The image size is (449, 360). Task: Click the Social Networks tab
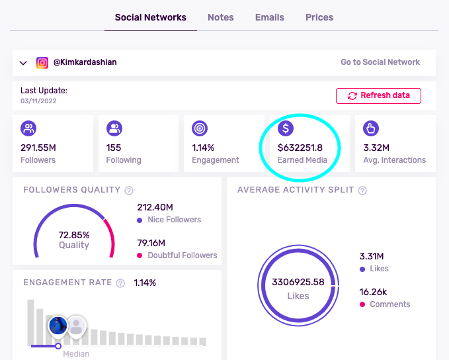(x=150, y=17)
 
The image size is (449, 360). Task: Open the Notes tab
(x=220, y=17)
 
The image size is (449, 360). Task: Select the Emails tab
(x=270, y=17)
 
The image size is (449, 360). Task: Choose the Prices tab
(x=319, y=17)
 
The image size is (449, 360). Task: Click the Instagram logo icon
(x=42, y=63)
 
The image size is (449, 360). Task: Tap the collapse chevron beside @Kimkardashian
(x=23, y=63)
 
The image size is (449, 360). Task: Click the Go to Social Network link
(x=380, y=62)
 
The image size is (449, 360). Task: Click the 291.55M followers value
(x=39, y=148)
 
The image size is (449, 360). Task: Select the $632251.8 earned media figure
(x=300, y=148)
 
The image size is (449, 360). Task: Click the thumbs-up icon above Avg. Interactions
(x=371, y=128)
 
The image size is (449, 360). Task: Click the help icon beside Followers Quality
(x=129, y=191)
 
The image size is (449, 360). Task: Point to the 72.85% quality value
(x=74, y=234)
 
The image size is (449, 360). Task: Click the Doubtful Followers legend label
(x=181, y=255)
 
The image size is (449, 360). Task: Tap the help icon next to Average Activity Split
(x=362, y=191)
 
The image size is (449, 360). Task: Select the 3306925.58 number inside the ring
(x=298, y=282)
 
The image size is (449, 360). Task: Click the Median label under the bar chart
(x=76, y=354)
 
